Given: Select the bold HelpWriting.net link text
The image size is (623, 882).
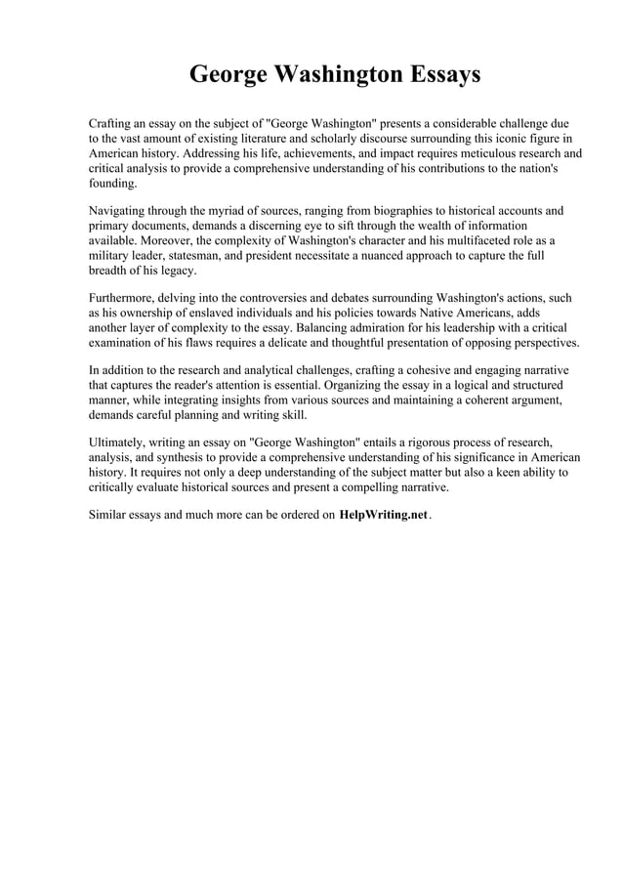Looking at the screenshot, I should [x=383, y=515].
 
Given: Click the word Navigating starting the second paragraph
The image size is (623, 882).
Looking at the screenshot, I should [x=119, y=211].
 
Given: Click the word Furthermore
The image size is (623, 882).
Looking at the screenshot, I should [x=124, y=298].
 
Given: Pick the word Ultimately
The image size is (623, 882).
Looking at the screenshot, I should [x=120, y=442].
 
